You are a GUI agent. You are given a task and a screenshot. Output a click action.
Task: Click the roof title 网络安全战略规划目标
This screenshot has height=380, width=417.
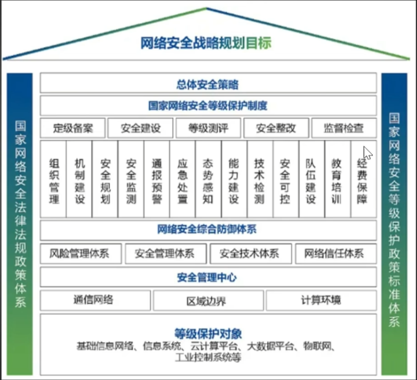click(206, 43)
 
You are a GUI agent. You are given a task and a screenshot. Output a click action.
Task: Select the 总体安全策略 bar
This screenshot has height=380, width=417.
click(208, 83)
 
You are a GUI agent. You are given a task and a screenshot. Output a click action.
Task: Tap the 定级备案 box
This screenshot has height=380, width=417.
click(73, 128)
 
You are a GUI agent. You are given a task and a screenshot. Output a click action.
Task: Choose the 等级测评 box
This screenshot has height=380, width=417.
click(208, 128)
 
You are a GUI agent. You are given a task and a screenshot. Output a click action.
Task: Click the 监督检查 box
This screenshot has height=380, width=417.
click(344, 128)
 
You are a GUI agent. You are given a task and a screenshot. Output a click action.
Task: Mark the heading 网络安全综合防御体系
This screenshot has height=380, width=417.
click(208, 229)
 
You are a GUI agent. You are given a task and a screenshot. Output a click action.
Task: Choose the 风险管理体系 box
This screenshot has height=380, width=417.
click(80, 254)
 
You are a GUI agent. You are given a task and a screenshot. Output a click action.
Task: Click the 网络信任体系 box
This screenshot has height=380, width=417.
click(335, 254)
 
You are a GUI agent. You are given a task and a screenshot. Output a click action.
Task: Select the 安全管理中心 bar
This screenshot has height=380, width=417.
click(208, 277)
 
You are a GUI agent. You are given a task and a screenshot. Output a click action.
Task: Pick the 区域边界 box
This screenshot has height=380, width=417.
click(208, 301)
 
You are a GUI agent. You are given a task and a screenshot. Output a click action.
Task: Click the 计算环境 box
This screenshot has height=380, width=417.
click(321, 300)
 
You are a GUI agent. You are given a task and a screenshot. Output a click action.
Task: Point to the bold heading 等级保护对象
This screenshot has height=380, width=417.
click(208, 333)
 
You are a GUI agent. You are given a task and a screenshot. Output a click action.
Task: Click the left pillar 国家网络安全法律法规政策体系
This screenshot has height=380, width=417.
click(20, 215)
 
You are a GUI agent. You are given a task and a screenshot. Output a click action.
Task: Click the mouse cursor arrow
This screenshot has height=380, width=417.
click(367, 153)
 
